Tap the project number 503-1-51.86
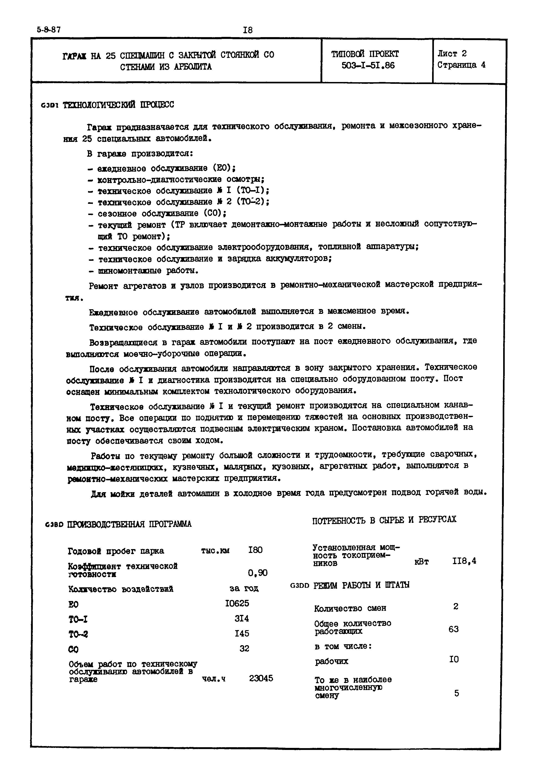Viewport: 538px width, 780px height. point(368,65)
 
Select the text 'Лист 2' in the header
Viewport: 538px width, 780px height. point(452,53)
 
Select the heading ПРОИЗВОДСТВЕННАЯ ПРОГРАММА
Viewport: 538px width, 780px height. point(129,524)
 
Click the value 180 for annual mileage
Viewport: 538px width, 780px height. point(255,550)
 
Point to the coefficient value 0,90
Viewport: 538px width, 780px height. point(258,573)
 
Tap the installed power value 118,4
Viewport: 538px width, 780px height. point(464,561)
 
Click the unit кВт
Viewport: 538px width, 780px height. point(421,562)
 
